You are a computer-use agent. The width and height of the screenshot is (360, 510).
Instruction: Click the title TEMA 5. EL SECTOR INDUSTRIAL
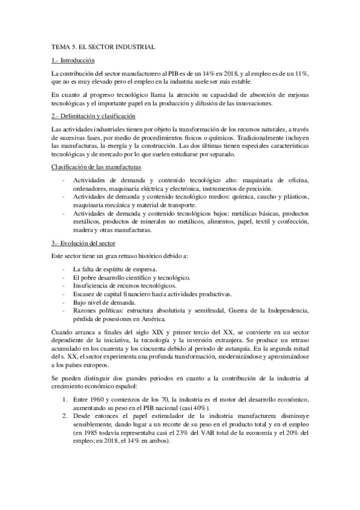pos(104,46)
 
